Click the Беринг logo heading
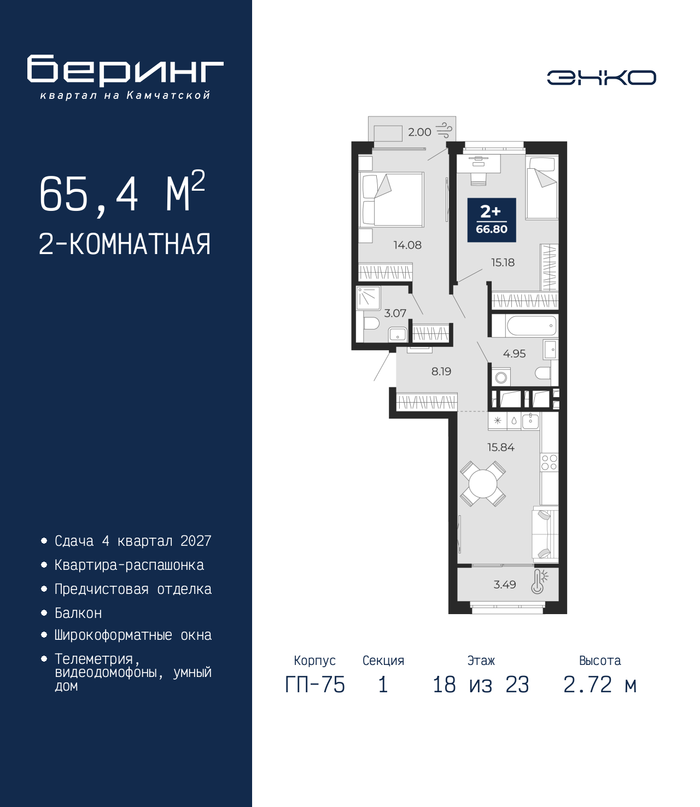click(x=125, y=70)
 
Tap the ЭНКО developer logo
click(x=601, y=77)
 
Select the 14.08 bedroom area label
click(x=407, y=245)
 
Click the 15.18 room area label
click(x=503, y=262)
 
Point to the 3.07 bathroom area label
click(x=395, y=313)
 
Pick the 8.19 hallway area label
click(x=441, y=372)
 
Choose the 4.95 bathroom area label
click(x=514, y=354)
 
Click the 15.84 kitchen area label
click(x=501, y=447)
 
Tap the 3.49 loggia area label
click(x=505, y=585)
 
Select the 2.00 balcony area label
click(x=419, y=132)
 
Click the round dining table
click(x=483, y=484)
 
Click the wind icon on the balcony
click(x=445, y=131)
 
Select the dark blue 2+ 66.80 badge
click(x=491, y=220)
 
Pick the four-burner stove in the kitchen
click(x=549, y=463)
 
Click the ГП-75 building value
click(x=315, y=685)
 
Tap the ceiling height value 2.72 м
click(x=599, y=685)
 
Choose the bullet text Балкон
click(x=78, y=613)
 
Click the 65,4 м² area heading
click(x=122, y=192)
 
